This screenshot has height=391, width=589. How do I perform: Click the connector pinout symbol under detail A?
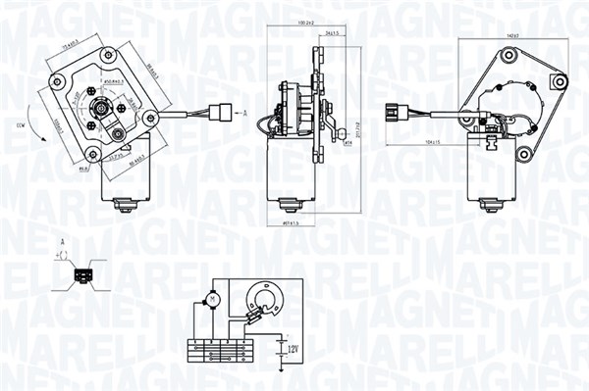pos(81,277)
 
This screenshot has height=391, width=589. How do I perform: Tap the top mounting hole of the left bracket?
pos(105,53)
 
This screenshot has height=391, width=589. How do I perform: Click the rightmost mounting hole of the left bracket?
pos(150,118)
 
